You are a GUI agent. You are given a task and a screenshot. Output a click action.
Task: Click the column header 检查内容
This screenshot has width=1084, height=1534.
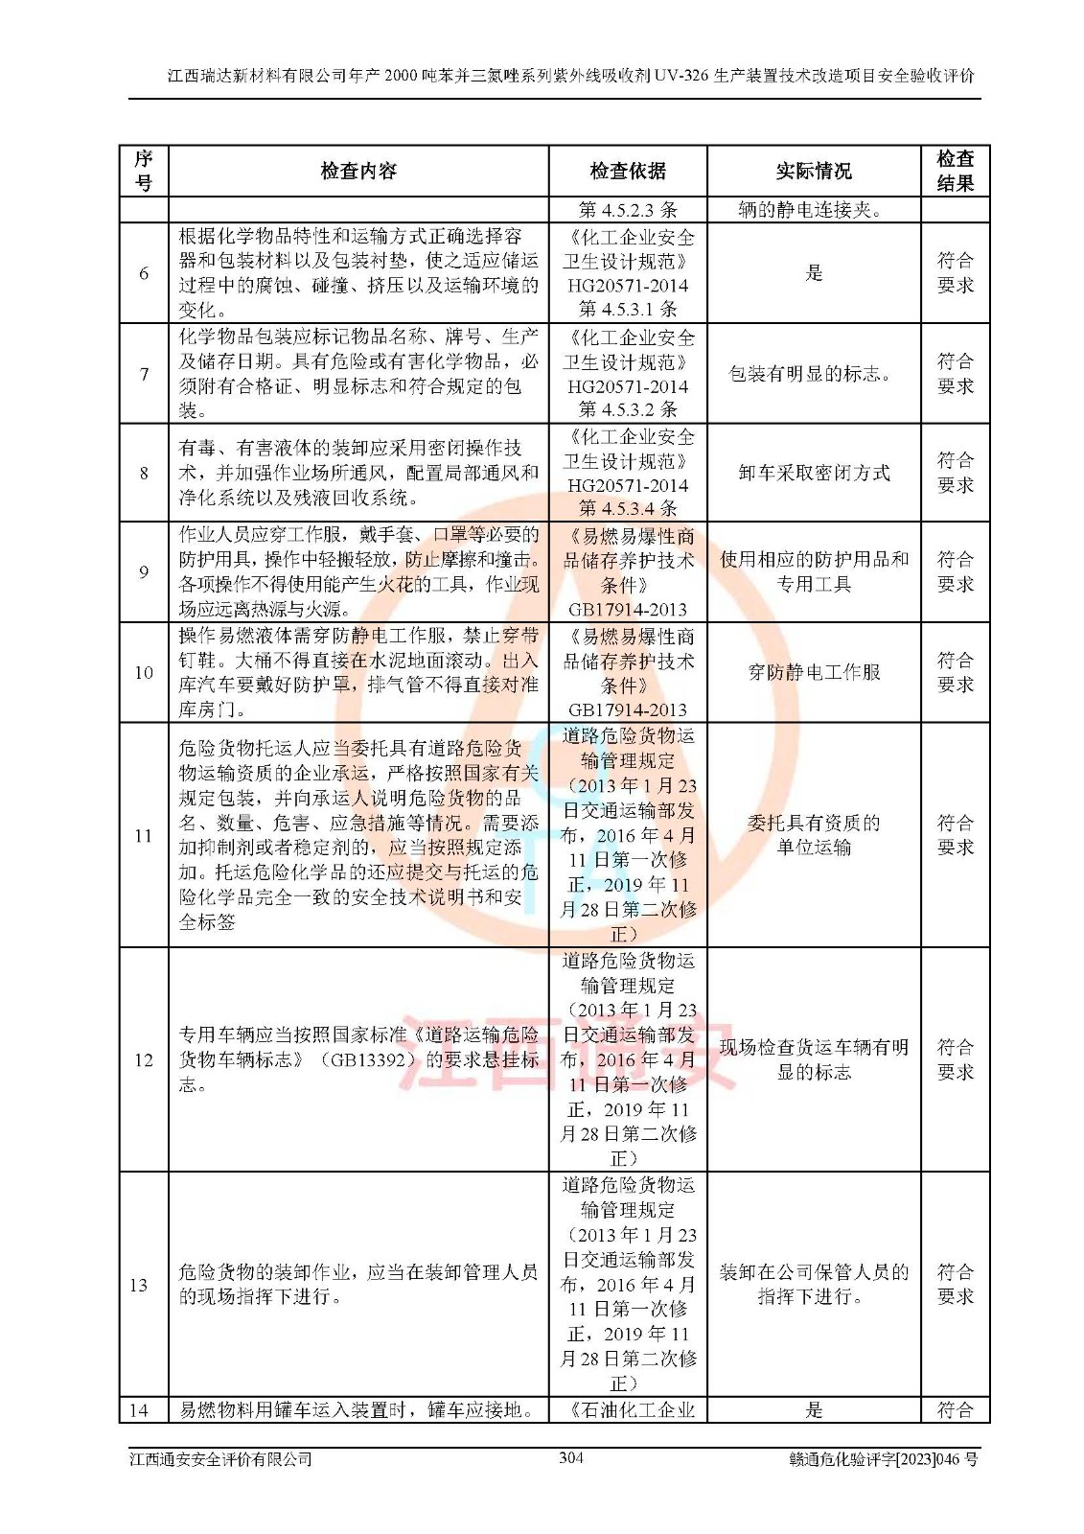358,172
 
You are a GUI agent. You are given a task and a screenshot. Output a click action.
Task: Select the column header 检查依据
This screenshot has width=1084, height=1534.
628,172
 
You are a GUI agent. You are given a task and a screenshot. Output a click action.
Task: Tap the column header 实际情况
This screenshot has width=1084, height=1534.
814,172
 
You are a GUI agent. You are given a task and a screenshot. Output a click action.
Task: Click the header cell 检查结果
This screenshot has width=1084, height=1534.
955,172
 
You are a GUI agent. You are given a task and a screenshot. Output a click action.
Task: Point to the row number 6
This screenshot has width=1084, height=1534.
144,273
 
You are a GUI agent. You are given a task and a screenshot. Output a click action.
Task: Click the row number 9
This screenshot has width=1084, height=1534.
144,572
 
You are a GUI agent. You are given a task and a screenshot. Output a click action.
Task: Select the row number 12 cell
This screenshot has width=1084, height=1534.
144,1059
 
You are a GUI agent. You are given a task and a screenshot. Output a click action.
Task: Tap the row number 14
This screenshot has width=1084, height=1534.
139,1409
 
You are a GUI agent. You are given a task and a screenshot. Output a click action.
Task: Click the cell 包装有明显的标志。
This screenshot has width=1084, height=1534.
814,374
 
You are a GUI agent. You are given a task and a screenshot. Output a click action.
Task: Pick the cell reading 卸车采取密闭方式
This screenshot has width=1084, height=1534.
814,473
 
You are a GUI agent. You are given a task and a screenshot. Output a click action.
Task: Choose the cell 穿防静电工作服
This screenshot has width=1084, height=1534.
814,672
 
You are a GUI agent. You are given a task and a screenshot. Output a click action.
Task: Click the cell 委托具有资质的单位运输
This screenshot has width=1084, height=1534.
814,835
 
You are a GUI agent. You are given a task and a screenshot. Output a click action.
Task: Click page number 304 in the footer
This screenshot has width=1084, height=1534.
571,1458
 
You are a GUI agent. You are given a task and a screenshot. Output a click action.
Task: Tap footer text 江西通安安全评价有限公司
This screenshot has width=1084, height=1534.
221,1459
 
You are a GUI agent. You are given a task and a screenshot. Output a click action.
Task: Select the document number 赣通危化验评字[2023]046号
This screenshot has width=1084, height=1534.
883,1459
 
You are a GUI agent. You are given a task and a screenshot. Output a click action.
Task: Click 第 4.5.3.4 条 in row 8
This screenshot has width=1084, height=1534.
628,508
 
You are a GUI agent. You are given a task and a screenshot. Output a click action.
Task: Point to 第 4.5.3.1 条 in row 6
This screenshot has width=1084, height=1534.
628,309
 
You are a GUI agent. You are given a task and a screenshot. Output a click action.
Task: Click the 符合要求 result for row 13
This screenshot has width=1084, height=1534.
955,1284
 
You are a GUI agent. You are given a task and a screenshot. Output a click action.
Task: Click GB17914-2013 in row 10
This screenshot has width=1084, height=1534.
628,709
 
